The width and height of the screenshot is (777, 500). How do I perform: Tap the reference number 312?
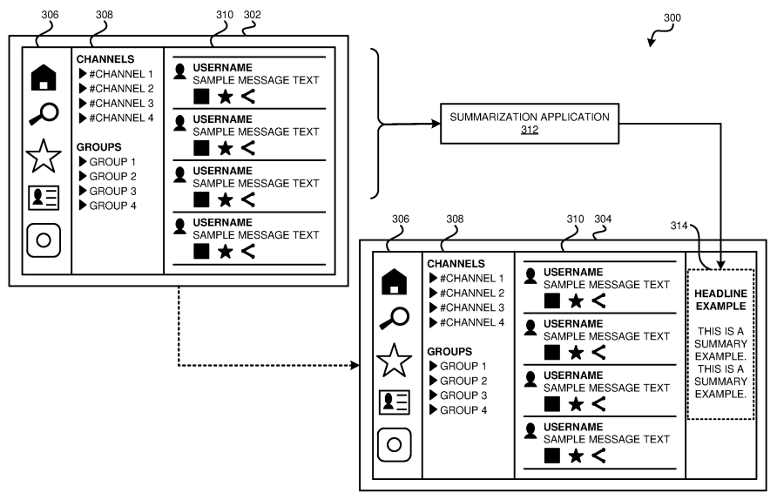click(x=530, y=130)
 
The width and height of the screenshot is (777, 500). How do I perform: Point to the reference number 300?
click(x=672, y=17)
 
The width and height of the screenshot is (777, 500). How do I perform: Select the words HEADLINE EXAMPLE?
click(x=720, y=300)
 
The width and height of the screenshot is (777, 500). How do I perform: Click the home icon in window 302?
click(x=44, y=78)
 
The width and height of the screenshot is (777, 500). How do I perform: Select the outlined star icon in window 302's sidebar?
click(x=44, y=158)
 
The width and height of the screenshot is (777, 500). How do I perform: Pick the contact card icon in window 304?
click(x=394, y=402)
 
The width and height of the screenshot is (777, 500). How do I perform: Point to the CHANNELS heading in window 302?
click(x=105, y=59)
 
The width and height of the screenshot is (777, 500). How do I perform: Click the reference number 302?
click(x=252, y=15)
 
